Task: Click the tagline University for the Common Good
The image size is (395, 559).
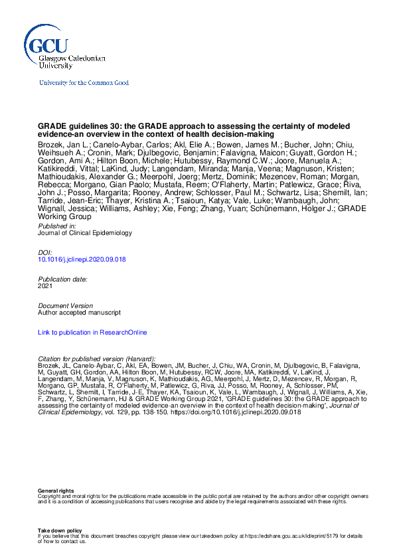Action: (84, 83)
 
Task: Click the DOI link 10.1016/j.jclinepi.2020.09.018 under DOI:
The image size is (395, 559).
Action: (82, 259)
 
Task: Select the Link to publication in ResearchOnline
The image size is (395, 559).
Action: (92, 332)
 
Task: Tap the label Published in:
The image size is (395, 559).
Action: (57, 226)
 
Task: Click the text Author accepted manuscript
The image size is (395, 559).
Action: (79, 312)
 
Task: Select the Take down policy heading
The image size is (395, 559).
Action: (60, 530)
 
